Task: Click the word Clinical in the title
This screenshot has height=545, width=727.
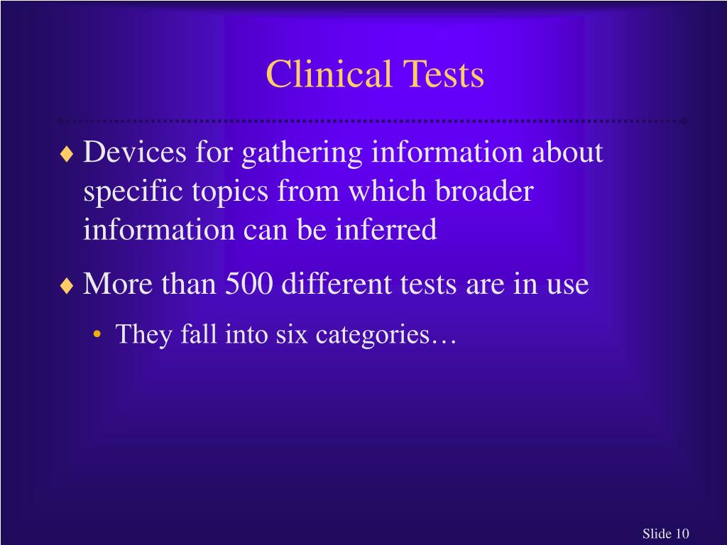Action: (329, 75)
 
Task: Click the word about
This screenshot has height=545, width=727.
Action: (567, 152)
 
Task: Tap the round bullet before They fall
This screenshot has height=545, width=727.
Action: (96, 335)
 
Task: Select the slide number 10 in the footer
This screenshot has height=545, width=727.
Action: (682, 534)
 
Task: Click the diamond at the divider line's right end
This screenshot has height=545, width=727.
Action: (684, 121)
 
